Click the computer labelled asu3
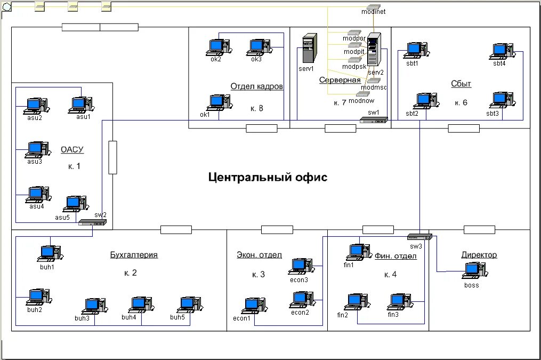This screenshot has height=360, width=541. (x=37, y=149)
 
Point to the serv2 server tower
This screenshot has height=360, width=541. (x=375, y=51)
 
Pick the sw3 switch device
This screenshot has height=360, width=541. (x=419, y=237)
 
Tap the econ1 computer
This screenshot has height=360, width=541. (x=252, y=306)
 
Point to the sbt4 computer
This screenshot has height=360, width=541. (x=501, y=51)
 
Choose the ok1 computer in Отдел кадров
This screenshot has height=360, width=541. (x=216, y=102)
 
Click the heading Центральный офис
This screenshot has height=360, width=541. (x=268, y=177)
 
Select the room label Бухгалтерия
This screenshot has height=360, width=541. (x=134, y=255)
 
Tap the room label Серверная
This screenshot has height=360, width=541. (x=340, y=80)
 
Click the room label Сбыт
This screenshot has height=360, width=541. (x=461, y=84)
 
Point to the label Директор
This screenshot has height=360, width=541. (x=479, y=255)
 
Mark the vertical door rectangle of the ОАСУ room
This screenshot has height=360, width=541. (x=112, y=157)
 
